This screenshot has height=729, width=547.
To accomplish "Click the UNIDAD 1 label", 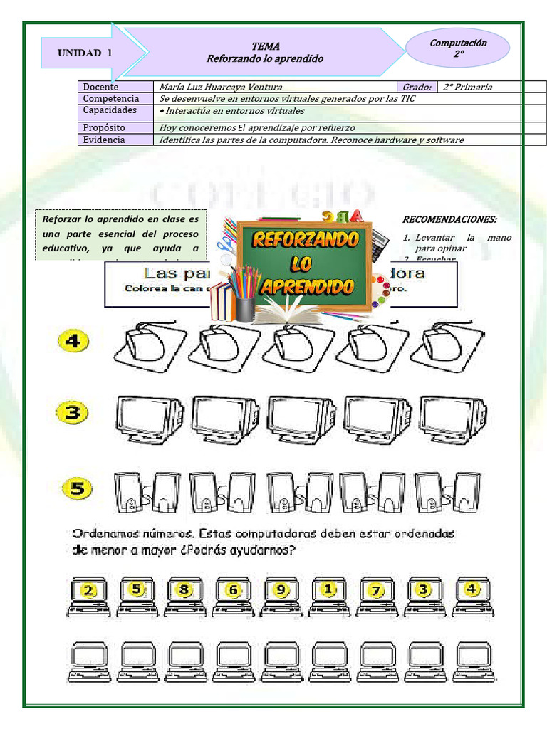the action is [85, 53].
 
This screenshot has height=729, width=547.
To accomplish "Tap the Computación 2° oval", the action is [458, 48].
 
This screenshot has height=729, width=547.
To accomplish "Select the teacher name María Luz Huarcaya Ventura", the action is [221, 87].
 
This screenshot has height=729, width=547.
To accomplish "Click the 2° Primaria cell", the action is [467, 87].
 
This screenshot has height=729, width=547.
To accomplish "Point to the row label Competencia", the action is [111, 98].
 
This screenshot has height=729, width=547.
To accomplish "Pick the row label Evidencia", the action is [104, 140].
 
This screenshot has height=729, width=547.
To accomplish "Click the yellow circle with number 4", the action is [74, 342].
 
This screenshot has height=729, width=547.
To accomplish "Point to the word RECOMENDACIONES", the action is [449, 219].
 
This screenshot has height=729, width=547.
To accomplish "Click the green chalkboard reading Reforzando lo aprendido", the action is [304, 264].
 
